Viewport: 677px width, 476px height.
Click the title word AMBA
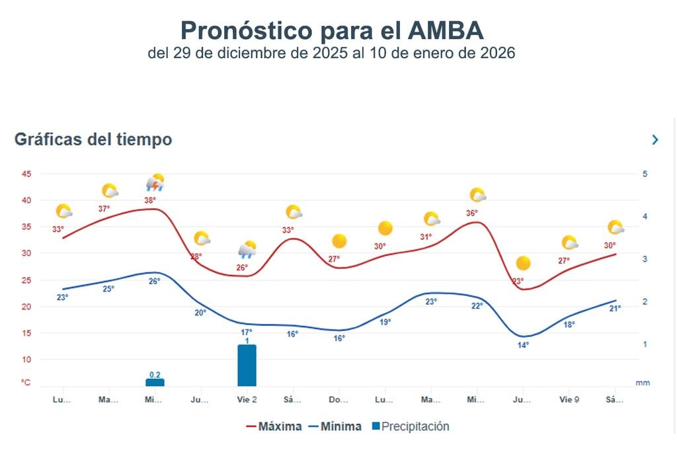[447, 30]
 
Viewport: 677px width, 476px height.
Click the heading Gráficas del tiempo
[93, 139]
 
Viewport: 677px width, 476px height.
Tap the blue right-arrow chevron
[655, 139]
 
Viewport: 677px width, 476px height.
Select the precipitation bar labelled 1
[247, 365]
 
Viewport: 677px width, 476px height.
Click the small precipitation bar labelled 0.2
[155, 381]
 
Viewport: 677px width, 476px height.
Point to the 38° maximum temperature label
[151, 200]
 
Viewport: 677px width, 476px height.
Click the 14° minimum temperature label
[523, 344]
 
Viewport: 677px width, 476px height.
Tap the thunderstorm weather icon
[155, 183]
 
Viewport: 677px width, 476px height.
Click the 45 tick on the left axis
[26, 174]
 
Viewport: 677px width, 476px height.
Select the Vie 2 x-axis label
[247, 400]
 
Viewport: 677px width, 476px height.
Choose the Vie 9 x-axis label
[569, 400]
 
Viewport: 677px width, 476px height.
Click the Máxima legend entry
[273, 426]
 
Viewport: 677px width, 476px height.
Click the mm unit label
[642, 383]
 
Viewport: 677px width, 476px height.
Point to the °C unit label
[25, 383]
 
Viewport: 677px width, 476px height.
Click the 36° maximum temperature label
[472, 213]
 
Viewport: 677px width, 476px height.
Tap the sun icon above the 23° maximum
[523, 263]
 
